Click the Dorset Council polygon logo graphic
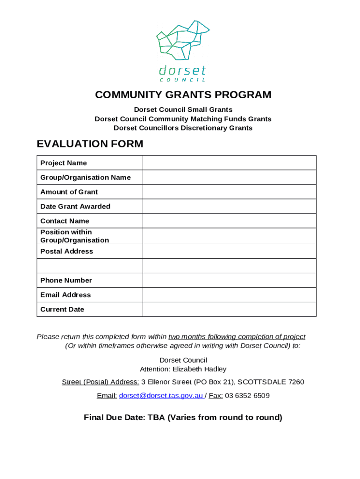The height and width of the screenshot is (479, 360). (182, 41)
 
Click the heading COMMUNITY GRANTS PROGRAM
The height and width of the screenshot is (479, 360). (183, 95)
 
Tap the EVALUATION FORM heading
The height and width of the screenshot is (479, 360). (90, 144)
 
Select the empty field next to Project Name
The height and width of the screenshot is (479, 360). (229, 163)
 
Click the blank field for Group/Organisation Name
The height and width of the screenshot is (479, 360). (229, 177)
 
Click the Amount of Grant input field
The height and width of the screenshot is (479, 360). (229, 192)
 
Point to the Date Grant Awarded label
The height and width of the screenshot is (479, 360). (75, 206)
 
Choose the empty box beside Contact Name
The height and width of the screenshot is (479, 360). (229, 221)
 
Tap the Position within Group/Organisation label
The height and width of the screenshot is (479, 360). (74, 236)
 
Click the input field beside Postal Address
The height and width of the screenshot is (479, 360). (229, 251)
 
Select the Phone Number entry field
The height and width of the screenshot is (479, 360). (229, 280)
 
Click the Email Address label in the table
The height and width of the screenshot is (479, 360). (65, 295)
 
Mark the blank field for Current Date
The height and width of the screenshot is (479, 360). (229, 309)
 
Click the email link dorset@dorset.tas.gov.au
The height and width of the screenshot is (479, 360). (161, 396)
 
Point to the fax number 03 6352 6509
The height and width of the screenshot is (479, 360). (247, 396)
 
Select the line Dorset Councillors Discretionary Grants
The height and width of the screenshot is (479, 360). (183, 128)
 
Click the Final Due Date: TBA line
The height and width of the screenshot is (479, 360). (183, 418)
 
